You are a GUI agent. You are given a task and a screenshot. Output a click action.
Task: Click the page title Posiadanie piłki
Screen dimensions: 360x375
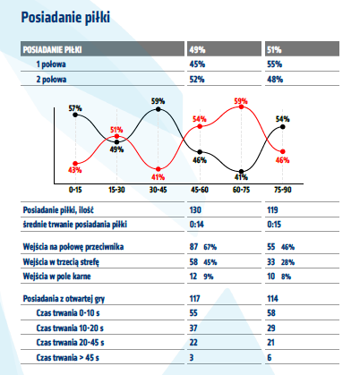pos(65,18)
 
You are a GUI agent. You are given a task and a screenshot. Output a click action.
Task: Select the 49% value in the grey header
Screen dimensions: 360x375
pos(197,49)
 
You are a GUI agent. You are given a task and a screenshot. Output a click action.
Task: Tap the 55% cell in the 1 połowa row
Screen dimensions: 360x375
pos(275,64)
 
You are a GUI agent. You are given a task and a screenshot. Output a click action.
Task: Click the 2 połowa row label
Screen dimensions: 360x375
pos(51,80)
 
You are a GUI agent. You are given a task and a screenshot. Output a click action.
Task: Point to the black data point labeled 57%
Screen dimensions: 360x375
pos(75,115)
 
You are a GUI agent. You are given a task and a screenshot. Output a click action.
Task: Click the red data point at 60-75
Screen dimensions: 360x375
pos(241,107)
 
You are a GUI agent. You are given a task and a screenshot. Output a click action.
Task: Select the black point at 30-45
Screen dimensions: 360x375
pos(159,109)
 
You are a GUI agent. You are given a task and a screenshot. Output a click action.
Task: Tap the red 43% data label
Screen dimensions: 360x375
pos(74,170)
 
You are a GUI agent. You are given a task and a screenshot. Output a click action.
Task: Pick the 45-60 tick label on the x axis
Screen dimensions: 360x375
pos(200,190)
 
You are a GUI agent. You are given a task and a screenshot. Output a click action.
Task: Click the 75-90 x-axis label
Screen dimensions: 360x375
pos(283,190)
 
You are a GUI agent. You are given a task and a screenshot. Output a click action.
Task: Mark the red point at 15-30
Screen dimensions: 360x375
pos(116,137)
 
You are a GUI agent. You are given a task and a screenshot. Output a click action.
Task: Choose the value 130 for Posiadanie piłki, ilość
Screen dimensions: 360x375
pos(195,210)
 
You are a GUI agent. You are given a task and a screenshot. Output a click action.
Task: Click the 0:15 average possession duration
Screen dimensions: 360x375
pos(274,225)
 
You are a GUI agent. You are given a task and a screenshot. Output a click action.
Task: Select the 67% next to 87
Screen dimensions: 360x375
pos(210,247)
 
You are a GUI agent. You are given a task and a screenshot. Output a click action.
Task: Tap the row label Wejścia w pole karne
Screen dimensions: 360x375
pos(56,277)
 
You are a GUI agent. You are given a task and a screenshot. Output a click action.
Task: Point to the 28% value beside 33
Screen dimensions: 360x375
pos(287,262)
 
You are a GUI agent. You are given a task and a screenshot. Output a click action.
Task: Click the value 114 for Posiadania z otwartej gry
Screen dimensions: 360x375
pos(272,299)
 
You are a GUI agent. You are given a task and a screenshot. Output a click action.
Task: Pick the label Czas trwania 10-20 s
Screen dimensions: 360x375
pos(70,328)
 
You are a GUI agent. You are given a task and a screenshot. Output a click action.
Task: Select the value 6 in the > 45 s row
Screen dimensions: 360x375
pos(270,357)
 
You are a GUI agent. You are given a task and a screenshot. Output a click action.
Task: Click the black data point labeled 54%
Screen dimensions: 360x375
pos(283,127)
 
